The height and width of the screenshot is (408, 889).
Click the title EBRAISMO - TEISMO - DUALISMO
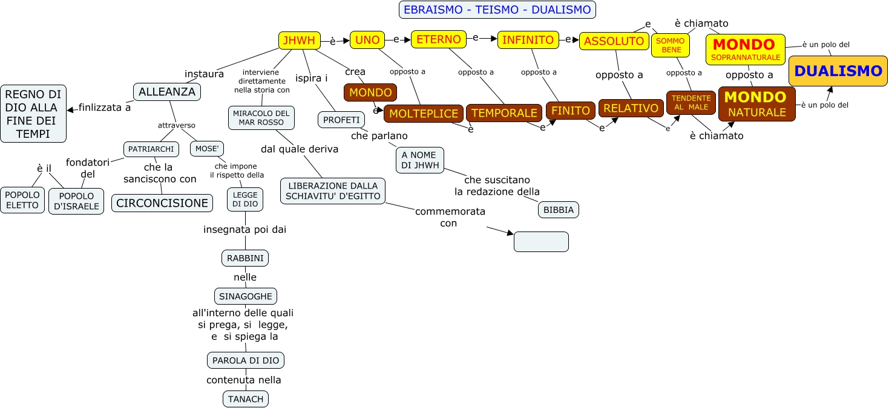pyautogui.click(x=497, y=10)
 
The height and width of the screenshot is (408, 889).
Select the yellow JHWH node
pyautogui.click(x=300, y=40)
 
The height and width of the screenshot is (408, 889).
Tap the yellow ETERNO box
pyautogui.click(x=439, y=39)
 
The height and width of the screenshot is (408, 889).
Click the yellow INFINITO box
pyautogui.click(x=528, y=40)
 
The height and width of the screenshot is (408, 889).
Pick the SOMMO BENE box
pyautogui.click(x=671, y=45)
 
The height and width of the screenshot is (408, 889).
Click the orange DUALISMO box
pyautogui.click(x=838, y=71)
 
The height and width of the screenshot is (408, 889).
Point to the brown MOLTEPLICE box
pyautogui.click(x=424, y=114)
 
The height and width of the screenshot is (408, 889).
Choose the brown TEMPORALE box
pyautogui.click(x=504, y=113)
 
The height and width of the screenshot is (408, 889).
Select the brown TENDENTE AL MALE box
pyautogui.click(x=691, y=103)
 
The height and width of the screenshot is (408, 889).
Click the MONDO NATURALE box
pyautogui.click(x=756, y=104)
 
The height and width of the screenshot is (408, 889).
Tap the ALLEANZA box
pyautogui.click(x=167, y=92)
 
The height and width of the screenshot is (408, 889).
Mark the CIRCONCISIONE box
pyautogui.click(x=162, y=203)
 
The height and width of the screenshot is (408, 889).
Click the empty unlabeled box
pyautogui.click(x=541, y=241)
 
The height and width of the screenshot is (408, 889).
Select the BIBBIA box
pyautogui.click(x=559, y=210)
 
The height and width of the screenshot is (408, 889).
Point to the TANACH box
pyautogui.click(x=246, y=399)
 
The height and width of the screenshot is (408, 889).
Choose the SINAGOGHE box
pyautogui.click(x=246, y=296)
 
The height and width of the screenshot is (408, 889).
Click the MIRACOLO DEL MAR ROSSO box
pyautogui.click(x=261, y=118)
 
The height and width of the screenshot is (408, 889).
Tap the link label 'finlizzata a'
pyautogui.click(x=105, y=108)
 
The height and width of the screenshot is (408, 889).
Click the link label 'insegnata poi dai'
pyautogui.click(x=245, y=229)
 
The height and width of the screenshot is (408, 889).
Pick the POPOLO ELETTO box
pyautogui.click(x=22, y=200)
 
